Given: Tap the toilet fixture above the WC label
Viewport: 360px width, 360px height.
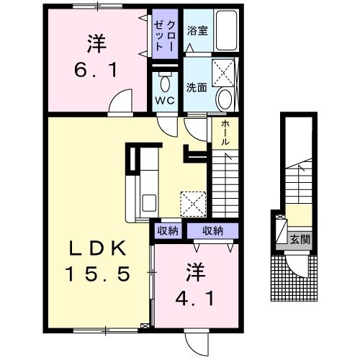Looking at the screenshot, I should (x=164, y=79).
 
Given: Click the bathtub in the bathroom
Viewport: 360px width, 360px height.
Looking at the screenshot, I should (x=230, y=31).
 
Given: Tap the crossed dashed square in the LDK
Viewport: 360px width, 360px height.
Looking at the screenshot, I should (x=194, y=202).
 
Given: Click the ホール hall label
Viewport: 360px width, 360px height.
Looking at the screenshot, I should (x=225, y=132).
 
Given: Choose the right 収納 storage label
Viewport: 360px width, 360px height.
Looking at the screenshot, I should (x=212, y=231).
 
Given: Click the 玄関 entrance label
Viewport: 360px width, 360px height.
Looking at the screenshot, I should (x=300, y=238).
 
